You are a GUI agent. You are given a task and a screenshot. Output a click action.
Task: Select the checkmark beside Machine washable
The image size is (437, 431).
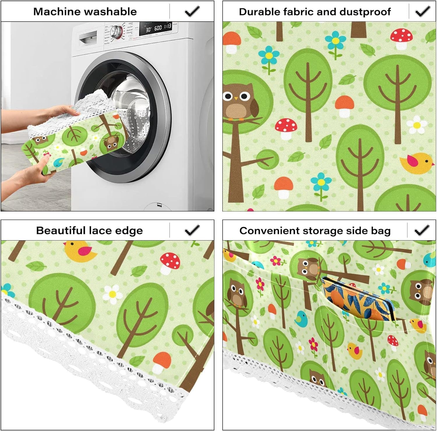(192, 11)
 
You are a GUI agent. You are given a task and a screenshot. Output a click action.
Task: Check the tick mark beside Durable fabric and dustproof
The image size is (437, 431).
(422, 11)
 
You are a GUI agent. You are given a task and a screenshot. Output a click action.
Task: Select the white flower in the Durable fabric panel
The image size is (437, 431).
(417, 125)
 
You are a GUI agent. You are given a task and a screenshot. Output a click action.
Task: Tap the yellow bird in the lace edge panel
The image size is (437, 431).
(80, 250)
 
